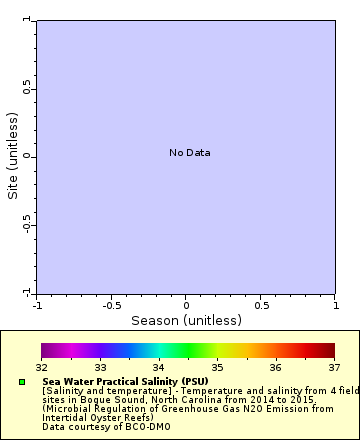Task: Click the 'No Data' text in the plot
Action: [x=189, y=153]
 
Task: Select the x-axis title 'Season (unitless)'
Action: [x=186, y=321]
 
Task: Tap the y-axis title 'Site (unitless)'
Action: [x=13, y=156]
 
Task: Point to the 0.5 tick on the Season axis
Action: [x=261, y=304]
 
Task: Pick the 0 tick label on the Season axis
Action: [x=186, y=304]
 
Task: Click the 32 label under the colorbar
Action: [x=42, y=367]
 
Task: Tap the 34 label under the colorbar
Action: [x=159, y=367]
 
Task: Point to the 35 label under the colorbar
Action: [x=217, y=367]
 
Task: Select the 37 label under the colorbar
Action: [x=334, y=367]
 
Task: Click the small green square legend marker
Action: [x=22, y=382]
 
